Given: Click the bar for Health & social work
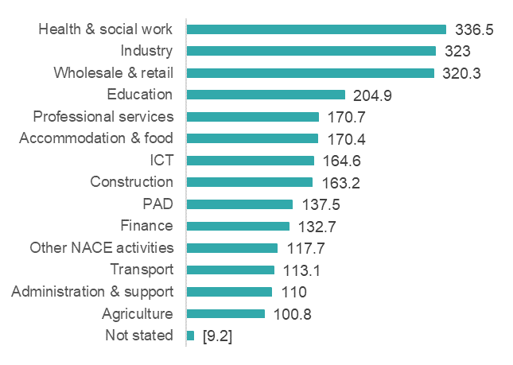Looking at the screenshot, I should point(316,29).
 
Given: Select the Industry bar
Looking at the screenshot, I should point(311,51).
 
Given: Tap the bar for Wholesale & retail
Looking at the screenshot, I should point(310,73).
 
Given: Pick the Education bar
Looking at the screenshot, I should point(266,95).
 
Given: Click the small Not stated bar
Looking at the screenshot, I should point(190,336).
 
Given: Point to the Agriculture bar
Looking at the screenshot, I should point(225,313).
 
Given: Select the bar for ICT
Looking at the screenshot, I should point(250,160).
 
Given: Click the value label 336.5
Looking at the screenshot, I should point(475,30).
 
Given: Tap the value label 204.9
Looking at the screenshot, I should point(373,95).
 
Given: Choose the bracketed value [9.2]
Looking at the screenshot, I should point(217,336).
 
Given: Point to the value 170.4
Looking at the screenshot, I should point(347,139).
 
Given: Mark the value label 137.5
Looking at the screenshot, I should point(321,204).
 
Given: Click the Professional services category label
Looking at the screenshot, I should point(103,117).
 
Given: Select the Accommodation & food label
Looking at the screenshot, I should point(96,138).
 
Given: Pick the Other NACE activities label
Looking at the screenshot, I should point(101,247).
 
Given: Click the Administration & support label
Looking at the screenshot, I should point(92,291).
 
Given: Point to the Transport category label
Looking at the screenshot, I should point(142,270).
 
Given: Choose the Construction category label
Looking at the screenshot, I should point(131,182).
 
